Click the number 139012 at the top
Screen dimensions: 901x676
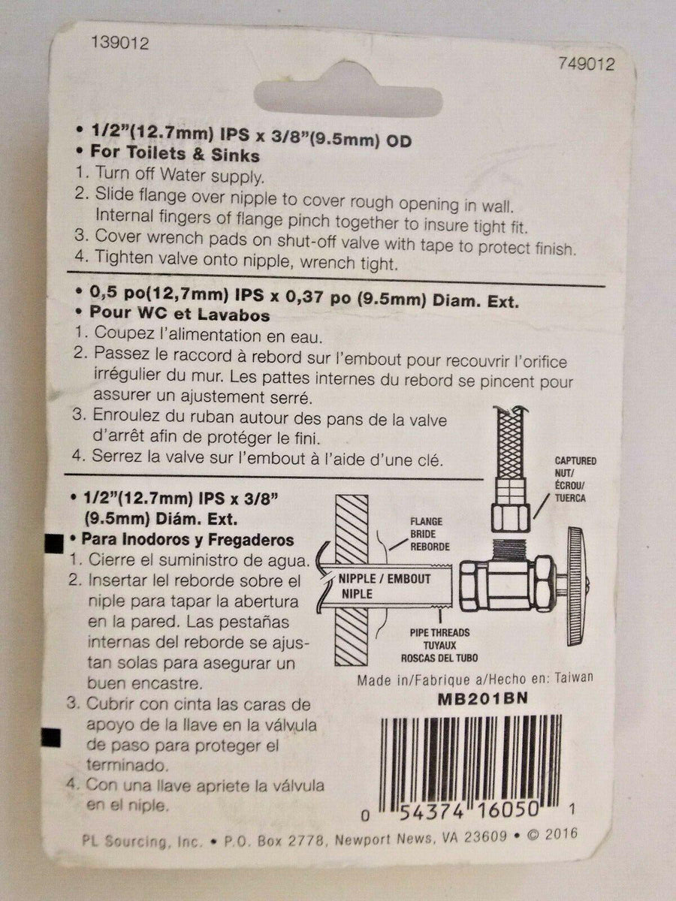[118, 44]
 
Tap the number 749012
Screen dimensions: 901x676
[585, 65]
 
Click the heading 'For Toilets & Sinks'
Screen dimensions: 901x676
[175, 156]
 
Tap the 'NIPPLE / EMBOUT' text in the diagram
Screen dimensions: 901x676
[384, 579]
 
